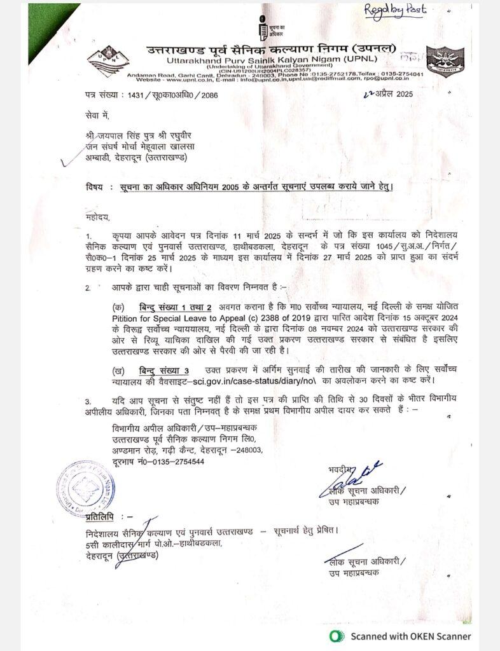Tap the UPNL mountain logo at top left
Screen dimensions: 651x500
pos(106,63)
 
